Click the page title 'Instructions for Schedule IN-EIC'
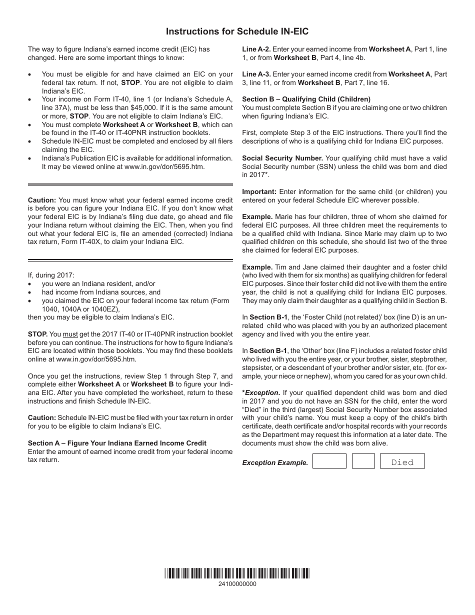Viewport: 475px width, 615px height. (x=237, y=31)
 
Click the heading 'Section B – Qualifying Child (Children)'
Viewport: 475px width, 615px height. (x=306, y=99)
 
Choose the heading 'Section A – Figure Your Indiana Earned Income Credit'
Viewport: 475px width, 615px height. (x=117, y=443)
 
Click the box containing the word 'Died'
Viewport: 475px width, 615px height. (x=402, y=462)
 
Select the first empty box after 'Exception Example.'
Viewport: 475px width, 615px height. (x=329, y=461)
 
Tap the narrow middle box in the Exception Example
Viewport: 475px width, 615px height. (x=363, y=461)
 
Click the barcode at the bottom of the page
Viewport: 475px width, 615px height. (x=237, y=573)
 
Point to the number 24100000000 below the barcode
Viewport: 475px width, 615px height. (x=237, y=584)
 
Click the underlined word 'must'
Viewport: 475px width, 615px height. (x=70, y=334)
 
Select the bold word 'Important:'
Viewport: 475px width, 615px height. (x=259, y=191)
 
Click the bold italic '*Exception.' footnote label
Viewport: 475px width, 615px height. (x=261, y=393)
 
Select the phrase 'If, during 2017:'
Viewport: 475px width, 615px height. (x=51, y=275)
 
